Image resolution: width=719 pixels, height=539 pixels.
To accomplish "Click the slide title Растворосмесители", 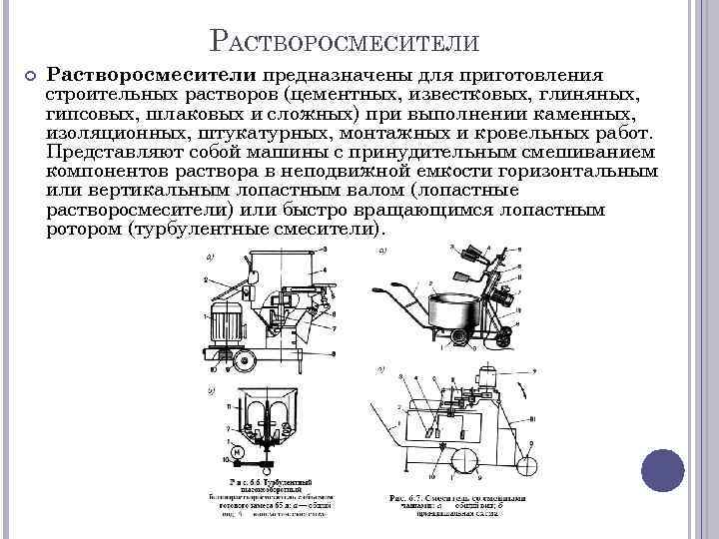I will click(x=346, y=42).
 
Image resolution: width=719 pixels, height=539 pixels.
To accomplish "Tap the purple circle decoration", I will click(x=662, y=469).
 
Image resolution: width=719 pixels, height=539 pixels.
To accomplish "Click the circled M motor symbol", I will click(x=239, y=452).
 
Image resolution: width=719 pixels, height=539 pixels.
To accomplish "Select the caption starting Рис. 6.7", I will click(x=455, y=503).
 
